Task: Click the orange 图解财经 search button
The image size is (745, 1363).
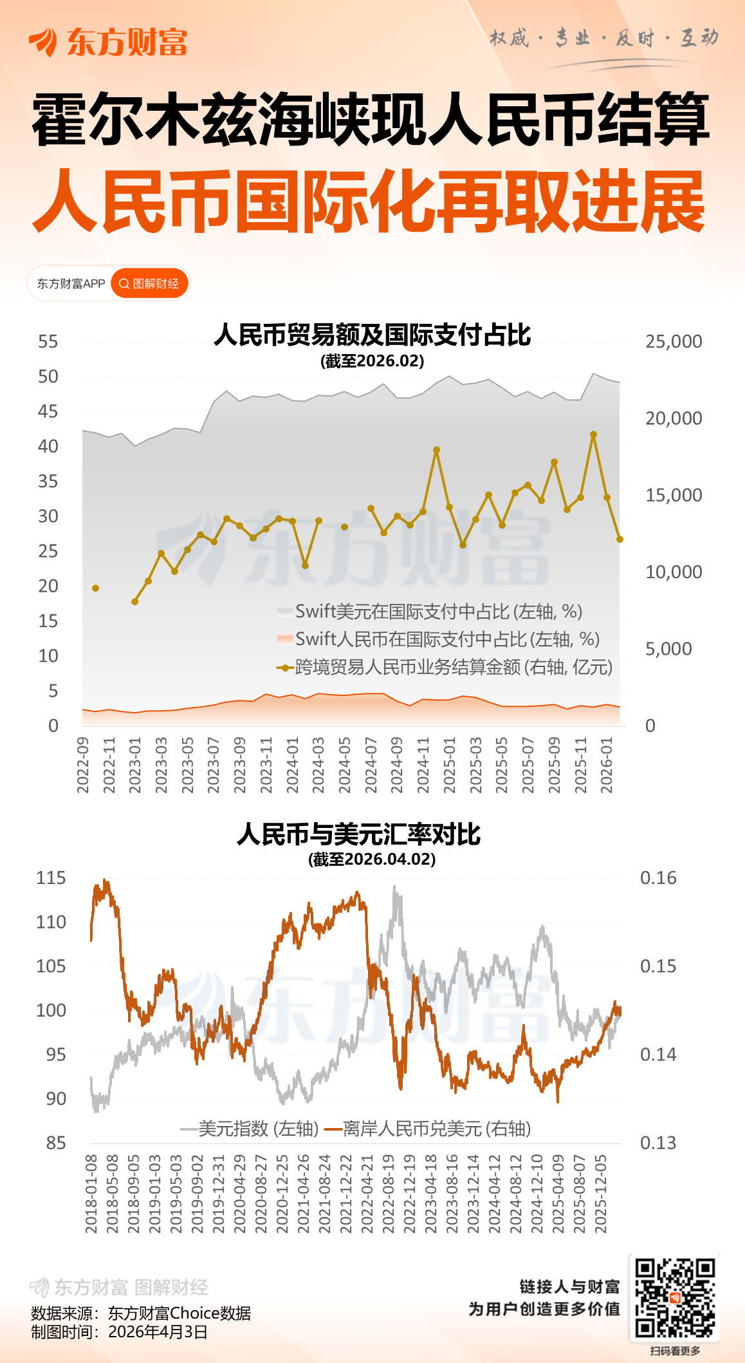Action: (x=149, y=284)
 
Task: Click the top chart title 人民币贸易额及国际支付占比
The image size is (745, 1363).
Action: (x=372, y=335)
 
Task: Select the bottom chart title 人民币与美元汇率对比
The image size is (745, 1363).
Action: (x=358, y=834)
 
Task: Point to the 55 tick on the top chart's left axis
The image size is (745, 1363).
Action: (x=48, y=341)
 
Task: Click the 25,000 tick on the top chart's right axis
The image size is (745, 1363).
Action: (x=674, y=341)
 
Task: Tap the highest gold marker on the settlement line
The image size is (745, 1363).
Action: (x=594, y=435)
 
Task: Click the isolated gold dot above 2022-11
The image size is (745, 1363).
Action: (x=96, y=588)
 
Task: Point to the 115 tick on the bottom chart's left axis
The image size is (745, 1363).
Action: (x=51, y=878)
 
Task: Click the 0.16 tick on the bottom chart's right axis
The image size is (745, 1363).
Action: (x=658, y=878)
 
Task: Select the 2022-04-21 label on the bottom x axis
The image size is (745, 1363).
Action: (x=367, y=1194)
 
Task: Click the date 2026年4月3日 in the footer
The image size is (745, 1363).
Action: (x=158, y=1331)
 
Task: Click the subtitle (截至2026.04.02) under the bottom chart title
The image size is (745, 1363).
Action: (x=372, y=860)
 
